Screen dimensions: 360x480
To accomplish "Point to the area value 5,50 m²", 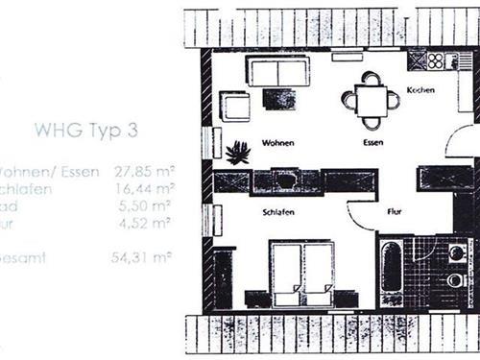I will click(x=148, y=204).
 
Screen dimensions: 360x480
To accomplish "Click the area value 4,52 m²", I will click(x=148, y=222).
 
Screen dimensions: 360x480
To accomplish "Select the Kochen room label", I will click(x=420, y=90).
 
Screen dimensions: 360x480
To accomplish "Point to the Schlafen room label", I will click(x=276, y=210).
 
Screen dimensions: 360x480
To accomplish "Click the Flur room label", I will click(x=394, y=209).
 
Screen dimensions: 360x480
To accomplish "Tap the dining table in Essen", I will click(x=370, y=99).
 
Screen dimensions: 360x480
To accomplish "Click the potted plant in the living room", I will click(x=237, y=152).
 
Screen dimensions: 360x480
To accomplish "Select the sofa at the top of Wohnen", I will click(x=277, y=71).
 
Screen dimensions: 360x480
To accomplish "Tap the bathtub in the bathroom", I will click(x=389, y=272).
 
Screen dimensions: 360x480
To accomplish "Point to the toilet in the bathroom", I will click(x=454, y=280).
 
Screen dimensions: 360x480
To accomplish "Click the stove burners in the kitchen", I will click(x=436, y=60).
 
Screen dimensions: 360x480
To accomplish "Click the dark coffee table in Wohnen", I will click(x=280, y=99).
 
